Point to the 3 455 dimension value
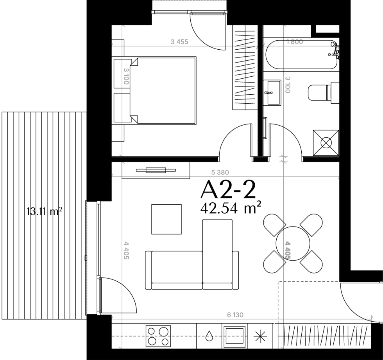pos(179,42)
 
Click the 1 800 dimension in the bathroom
pos(295,42)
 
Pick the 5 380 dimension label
pos(220,173)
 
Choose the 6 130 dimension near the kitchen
pos(235,315)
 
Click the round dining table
pos(293,243)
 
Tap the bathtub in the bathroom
pos(302,54)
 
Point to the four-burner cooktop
pos(158,336)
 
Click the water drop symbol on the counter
pos(209,336)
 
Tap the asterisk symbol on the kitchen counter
pos(260,336)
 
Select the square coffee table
pos(166,219)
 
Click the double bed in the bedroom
pos(163,90)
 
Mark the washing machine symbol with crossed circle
pos(326,143)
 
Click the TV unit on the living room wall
pos(156,170)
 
